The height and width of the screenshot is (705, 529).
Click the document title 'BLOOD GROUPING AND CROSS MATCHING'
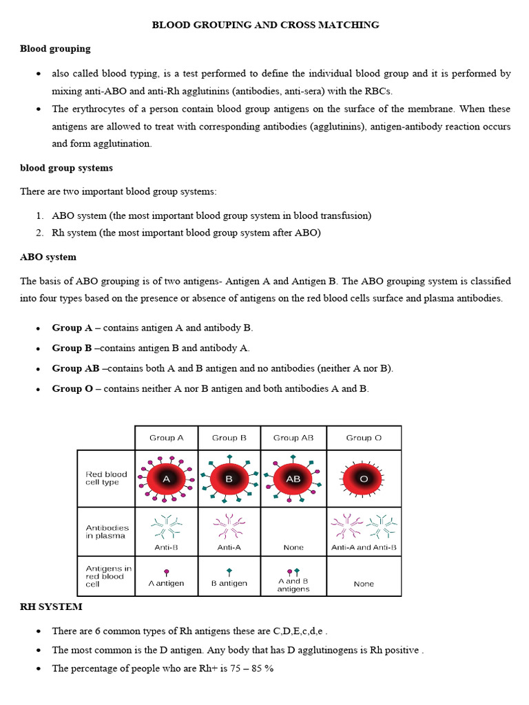coord(265,25)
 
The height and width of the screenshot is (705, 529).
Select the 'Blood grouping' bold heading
coord(55,49)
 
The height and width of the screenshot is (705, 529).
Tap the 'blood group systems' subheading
coord(66,168)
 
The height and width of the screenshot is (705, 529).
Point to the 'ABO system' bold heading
coord(48,257)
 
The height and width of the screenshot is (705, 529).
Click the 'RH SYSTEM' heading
coord(51,607)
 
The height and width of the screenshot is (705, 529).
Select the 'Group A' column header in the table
coord(166,438)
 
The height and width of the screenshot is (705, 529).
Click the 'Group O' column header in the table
coord(364,438)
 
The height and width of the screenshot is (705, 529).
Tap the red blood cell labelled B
coord(229,478)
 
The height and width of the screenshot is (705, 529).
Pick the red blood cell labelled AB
coord(293,478)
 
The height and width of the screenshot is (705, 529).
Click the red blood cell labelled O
coord(364,478)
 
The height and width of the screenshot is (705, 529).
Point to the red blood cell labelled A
coord(166,478)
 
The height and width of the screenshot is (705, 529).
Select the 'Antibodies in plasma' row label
coord(107,532)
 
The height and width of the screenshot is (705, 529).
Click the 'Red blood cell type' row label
coord(106,478)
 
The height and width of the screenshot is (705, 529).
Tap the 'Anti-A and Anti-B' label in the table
coord(364,548)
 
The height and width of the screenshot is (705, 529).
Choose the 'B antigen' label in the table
coord(229,583)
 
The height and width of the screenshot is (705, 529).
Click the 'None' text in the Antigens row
coord(364,584)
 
